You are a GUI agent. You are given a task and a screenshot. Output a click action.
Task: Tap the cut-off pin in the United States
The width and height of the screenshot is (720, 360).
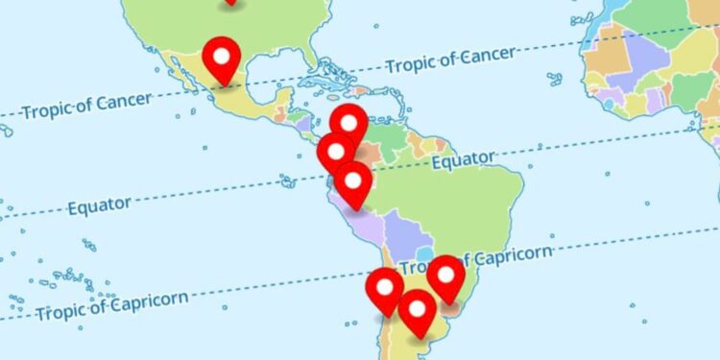[230, 2]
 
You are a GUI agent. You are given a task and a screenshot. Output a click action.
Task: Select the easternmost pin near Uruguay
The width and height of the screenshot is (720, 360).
[446, 275]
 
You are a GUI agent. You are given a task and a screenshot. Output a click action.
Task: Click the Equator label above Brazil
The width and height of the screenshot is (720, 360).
[463, 159]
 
